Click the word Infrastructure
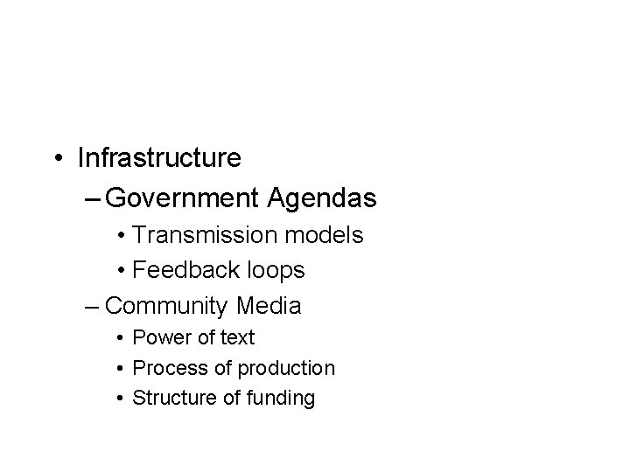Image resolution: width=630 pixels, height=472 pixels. pos(159,158)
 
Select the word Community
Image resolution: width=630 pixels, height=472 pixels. pos(167,306)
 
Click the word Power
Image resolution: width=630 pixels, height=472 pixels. pos(160,337)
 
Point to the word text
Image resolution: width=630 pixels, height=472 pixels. pos(235,337)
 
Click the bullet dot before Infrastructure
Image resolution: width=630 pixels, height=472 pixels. pos(58,159)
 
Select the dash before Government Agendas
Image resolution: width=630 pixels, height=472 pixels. pos(93,199)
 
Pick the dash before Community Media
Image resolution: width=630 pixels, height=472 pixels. pos(93,307)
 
